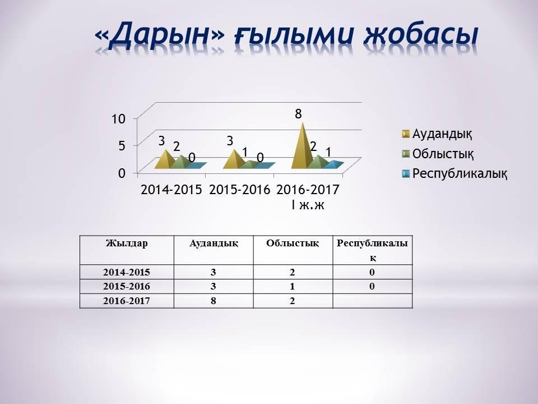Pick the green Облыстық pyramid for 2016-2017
tap(318, 162)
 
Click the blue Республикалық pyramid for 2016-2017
tap(334, 164)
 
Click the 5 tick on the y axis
tap(121, 145)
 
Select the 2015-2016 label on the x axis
tap(240, 189)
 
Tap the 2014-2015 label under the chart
tap(171, 189)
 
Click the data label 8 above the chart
tap(299, 114)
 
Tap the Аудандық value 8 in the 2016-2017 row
tap(214, 301)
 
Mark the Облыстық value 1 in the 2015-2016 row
tap(293, 286)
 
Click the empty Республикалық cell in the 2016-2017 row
tap(372, 301)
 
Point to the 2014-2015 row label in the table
tap(127, 272)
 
